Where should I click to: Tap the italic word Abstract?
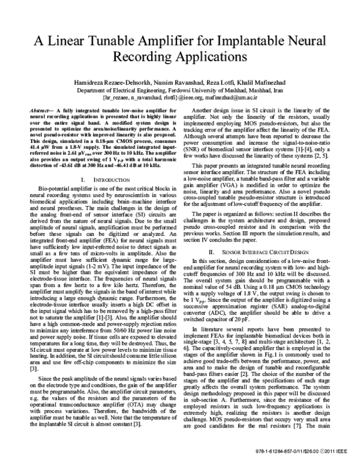[x=41, y=112]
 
